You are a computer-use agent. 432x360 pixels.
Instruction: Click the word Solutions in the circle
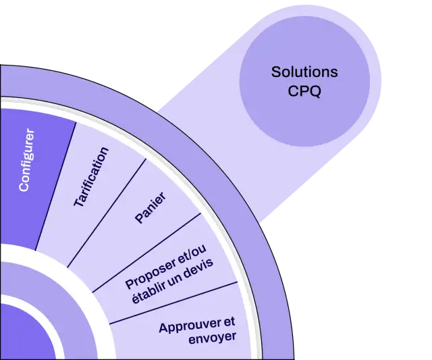coord(304,72)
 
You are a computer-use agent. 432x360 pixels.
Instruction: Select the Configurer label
coord(27,160)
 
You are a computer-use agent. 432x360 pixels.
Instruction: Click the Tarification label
coord(91,177)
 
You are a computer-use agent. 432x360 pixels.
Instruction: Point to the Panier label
coord(151,207)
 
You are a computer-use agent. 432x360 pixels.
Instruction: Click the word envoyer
coord(213,338)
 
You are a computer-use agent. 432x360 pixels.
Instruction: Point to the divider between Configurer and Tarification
coord(55,186)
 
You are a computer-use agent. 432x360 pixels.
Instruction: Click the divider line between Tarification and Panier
coord(107,213)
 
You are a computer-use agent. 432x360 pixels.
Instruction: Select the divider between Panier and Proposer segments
coord(146,253)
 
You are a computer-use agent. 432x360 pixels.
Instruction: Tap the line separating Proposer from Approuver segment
coord(173,303)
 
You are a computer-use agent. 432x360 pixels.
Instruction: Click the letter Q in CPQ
coord(315,91)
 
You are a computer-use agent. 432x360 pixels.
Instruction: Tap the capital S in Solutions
coord(276,72)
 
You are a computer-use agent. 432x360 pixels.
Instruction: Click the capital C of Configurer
coord(24,186)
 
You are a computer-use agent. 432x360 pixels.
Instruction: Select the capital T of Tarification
coord(79,201)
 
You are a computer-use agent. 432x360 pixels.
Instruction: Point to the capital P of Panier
coord(139,217)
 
